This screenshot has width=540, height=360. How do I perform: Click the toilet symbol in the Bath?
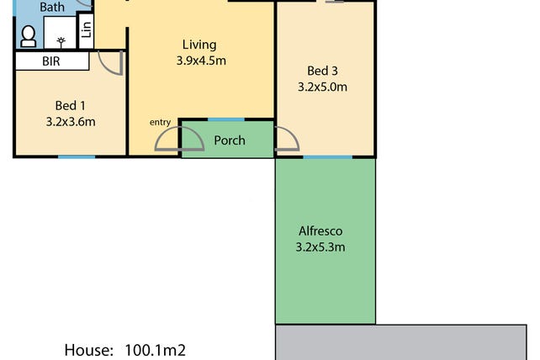coord(29,36)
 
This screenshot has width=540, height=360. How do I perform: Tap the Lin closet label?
coord(86,30)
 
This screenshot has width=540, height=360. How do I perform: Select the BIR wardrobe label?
coord(51,61)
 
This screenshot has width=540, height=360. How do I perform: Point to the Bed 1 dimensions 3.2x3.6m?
coord(71,122)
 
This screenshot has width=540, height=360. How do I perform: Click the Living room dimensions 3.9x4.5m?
coord(201,61)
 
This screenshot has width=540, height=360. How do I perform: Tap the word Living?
coord(199,45)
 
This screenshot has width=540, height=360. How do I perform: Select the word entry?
coord(160,122)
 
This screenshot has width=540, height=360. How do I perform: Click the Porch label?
coord(230,140)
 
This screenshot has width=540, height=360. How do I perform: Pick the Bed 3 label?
coord(322,71)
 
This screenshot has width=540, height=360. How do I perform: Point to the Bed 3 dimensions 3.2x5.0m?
coord(322,87)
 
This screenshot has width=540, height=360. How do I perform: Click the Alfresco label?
coord(320,230)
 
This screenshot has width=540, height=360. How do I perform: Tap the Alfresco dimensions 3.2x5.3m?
coord(320,247)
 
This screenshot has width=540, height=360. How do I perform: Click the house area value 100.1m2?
coord(155,350)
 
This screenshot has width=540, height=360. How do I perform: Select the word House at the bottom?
coord(89,350)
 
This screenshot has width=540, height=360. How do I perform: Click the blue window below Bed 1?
coord(77,157)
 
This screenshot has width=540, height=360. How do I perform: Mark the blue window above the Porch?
coord(226,119)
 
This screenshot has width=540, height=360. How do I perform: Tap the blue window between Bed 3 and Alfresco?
coord(327,157)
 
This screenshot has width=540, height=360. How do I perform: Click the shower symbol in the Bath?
coord(61,42)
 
